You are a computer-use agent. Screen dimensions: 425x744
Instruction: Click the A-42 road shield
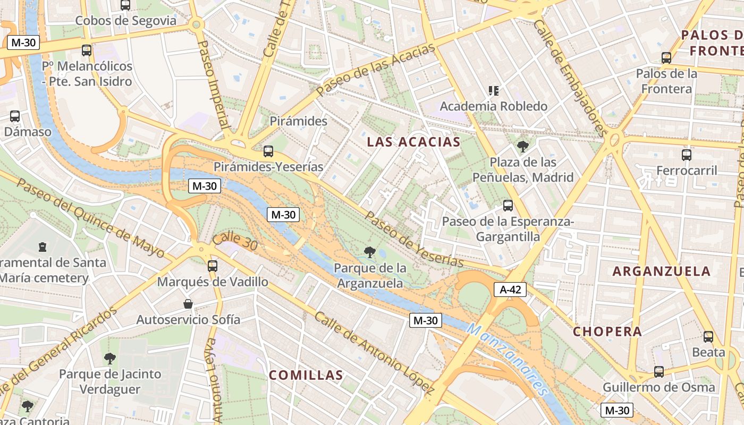point(510,290)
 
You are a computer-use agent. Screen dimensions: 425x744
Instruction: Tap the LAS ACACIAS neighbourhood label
point(413,142)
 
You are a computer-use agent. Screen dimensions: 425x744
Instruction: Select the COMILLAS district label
point(306,375)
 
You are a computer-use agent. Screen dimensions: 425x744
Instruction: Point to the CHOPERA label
point(607,332)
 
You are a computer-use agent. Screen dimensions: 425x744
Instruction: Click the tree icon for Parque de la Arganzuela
point(369,252)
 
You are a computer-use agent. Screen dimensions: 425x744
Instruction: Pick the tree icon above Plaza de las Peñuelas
point(522,146)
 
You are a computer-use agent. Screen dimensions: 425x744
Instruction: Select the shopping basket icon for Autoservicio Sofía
point(188,304)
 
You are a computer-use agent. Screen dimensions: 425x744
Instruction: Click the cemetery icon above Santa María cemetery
point(43,246)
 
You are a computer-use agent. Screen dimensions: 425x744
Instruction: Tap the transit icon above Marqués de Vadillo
point(213,266)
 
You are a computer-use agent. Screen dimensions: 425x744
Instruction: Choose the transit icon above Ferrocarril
point(687,155)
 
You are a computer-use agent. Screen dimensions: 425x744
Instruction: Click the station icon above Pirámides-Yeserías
point(268,151)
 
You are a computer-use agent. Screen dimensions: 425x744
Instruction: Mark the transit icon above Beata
point(708,336)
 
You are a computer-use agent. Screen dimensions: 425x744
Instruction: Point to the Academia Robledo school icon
point(494,91)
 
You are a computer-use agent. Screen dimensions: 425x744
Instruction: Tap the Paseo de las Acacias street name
point(375,69)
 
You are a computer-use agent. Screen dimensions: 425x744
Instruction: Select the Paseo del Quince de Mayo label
point(90,217)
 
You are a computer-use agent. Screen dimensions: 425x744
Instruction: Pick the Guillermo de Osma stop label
point(658,387)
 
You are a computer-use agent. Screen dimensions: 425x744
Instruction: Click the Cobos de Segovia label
point(125,21)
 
